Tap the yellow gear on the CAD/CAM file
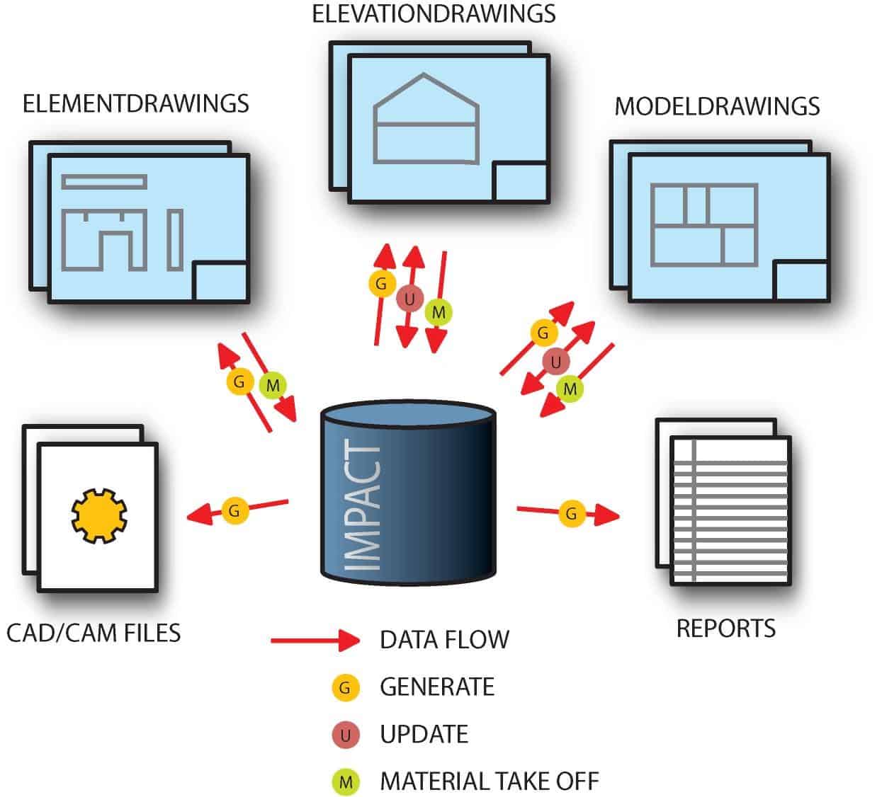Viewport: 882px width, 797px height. click(x=98, y=517)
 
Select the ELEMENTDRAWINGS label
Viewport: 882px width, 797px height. click(x=136, y=103)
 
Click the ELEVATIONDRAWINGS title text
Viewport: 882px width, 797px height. click(x=434, y=14)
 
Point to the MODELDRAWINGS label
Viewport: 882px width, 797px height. click(x=716, y=106)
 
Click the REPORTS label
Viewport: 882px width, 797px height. click(x=725, y=629)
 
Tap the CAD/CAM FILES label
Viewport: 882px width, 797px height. click(x=94, y=632)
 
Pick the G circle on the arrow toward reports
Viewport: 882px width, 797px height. click(x=571, y=513)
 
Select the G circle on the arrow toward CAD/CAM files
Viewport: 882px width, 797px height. click(x=234, y=510)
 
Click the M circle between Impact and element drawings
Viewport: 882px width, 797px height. click(x=272, y=386)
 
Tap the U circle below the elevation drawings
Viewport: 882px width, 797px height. click(x=409, y=299)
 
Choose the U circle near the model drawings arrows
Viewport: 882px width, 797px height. click(x=555, y=362)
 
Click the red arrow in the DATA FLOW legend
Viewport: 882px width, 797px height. click(x=315, y=641)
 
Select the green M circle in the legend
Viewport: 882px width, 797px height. click(x=346, y=782)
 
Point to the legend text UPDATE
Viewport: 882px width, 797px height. click(x=424, y=735)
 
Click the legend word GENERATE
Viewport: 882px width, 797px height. click(x=436, y=687)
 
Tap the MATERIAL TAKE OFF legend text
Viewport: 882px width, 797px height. click(x=489, y=782)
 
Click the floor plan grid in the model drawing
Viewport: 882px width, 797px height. click(x=703, y=224)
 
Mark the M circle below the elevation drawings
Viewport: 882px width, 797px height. click(x=439, y=312)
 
